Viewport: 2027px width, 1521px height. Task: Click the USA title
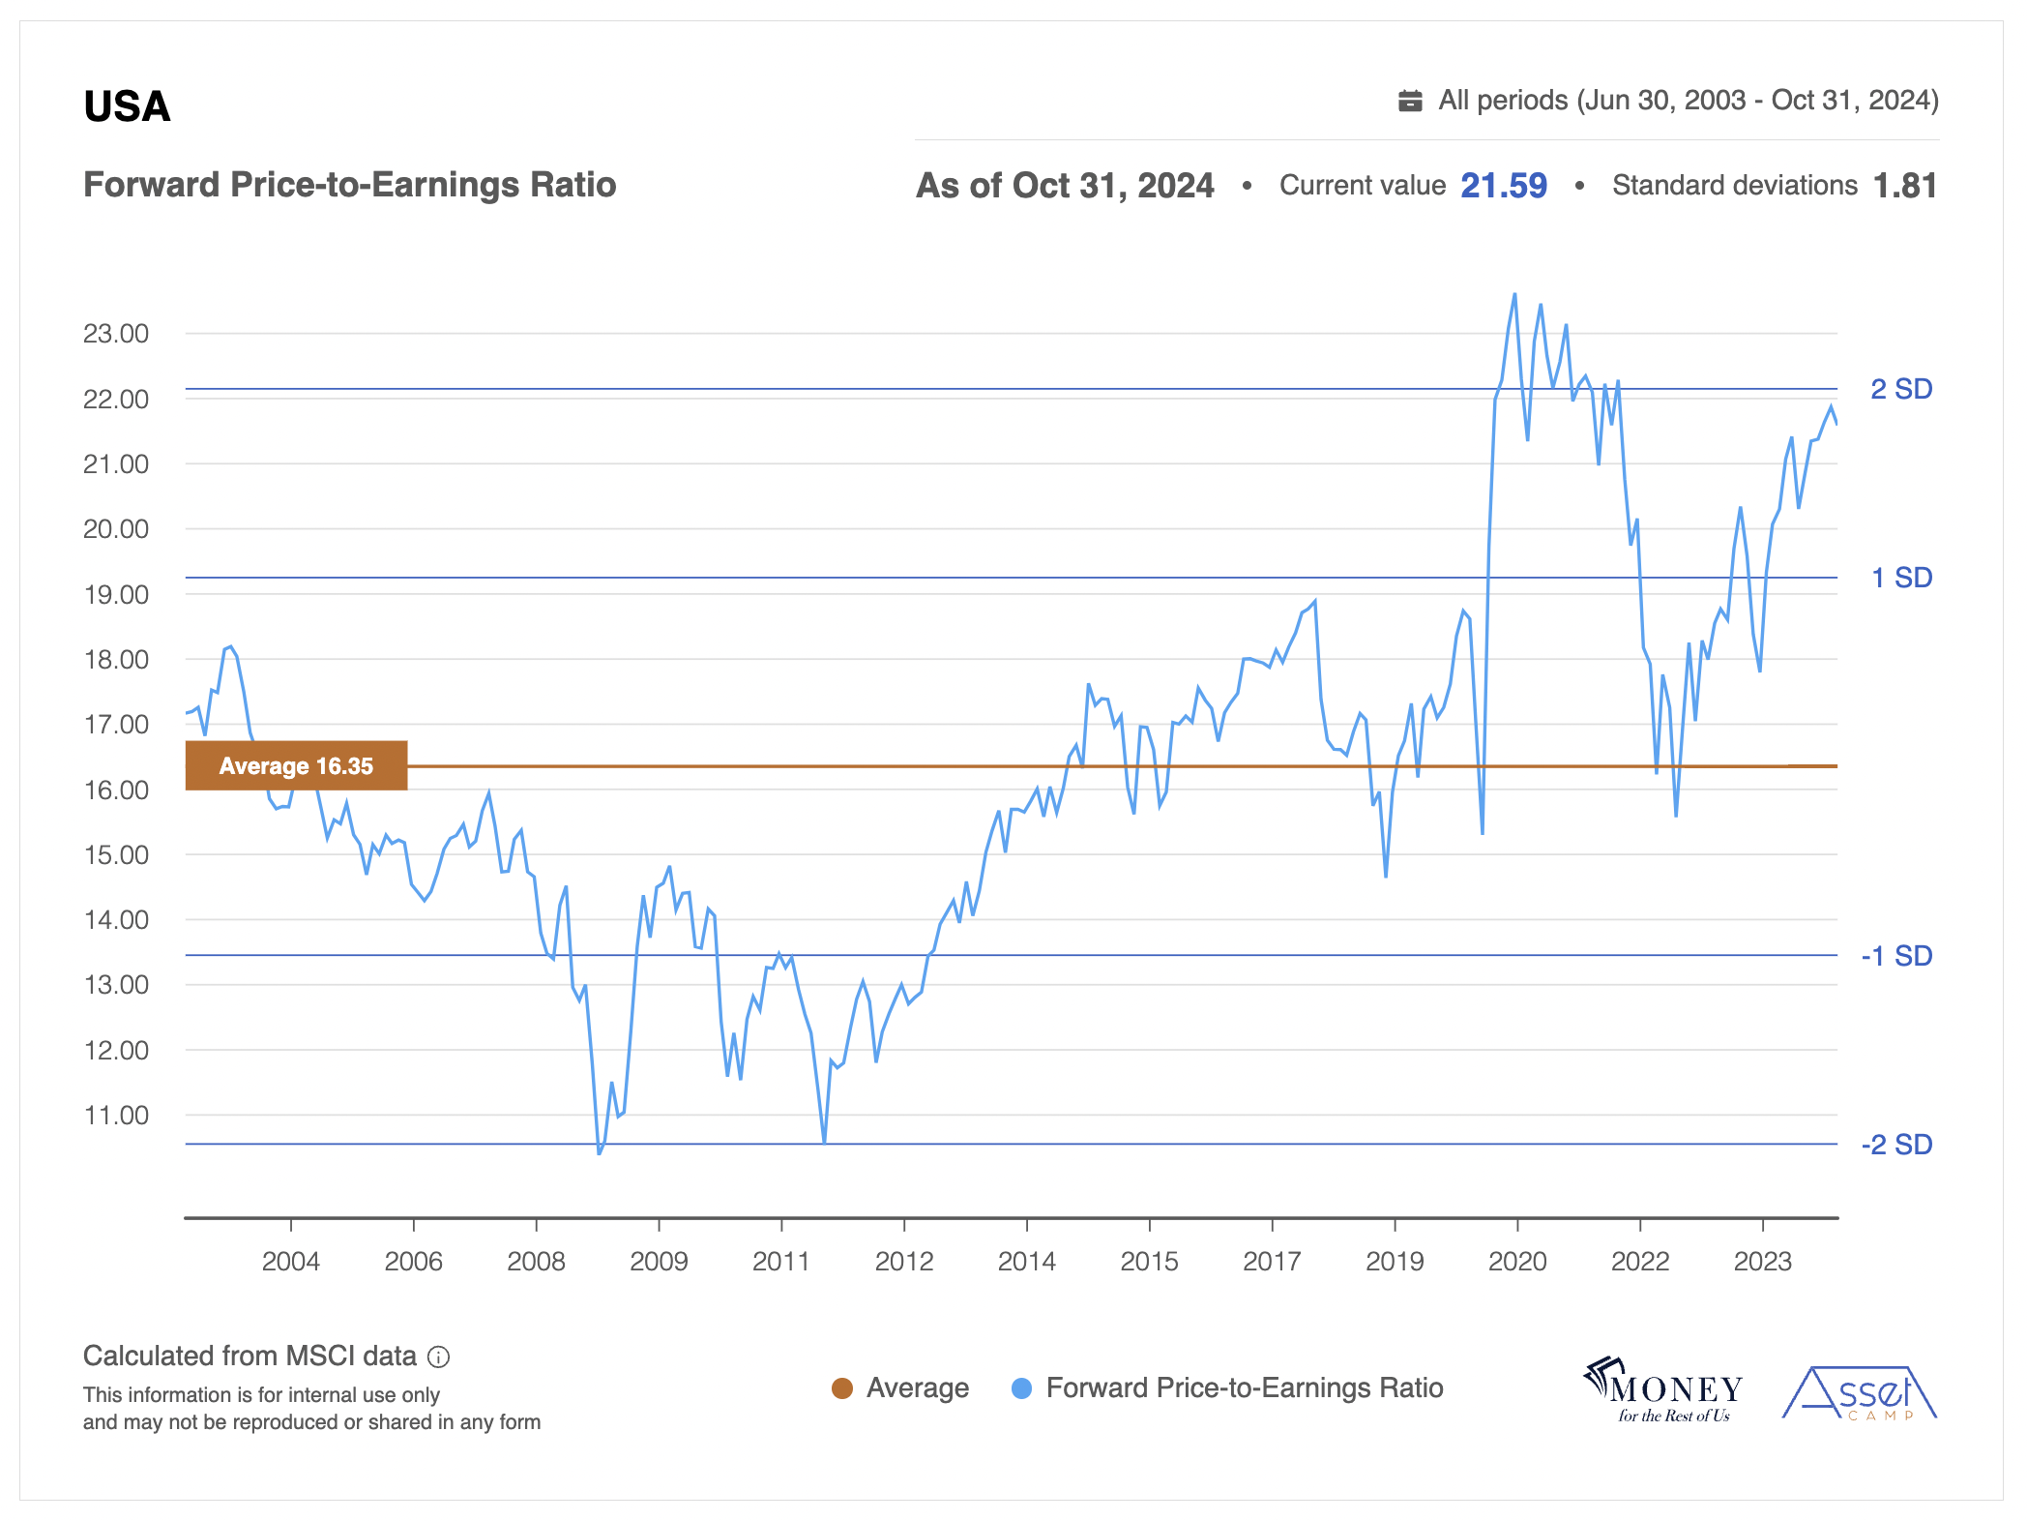pos(127,106)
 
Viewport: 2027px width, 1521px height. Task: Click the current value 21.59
pos(1503,185)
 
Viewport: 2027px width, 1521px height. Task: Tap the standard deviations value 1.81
pos(1904,185)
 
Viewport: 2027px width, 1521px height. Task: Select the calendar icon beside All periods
pos(1410,101)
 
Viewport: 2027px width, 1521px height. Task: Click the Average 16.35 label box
pos(296,765)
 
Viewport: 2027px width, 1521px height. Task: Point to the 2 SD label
pos(1900,389)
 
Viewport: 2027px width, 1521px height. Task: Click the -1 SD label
pos(1895,956)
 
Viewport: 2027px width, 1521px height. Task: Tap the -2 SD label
pos(1895,1145)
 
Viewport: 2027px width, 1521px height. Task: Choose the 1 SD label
pos(1900,578)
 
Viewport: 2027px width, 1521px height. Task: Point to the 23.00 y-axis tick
pos(116,334)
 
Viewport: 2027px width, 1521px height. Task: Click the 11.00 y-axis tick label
pos(116,1116)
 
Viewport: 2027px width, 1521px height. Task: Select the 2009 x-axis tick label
pos(659,1262)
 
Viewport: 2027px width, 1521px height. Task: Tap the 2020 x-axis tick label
pos(1516,1262)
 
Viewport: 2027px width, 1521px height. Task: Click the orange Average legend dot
pos(842,1388)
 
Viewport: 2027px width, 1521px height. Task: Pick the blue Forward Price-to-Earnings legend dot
pos(1021,1388)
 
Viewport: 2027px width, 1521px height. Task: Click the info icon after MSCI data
pos(438,1357)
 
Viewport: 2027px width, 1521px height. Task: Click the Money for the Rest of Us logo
pos(1663,1390)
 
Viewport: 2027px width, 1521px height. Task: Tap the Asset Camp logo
pos(1859,1393)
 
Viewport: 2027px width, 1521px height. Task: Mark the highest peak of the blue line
pos(1514,294)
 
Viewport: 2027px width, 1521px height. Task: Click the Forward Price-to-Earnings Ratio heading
pos(349,185)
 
